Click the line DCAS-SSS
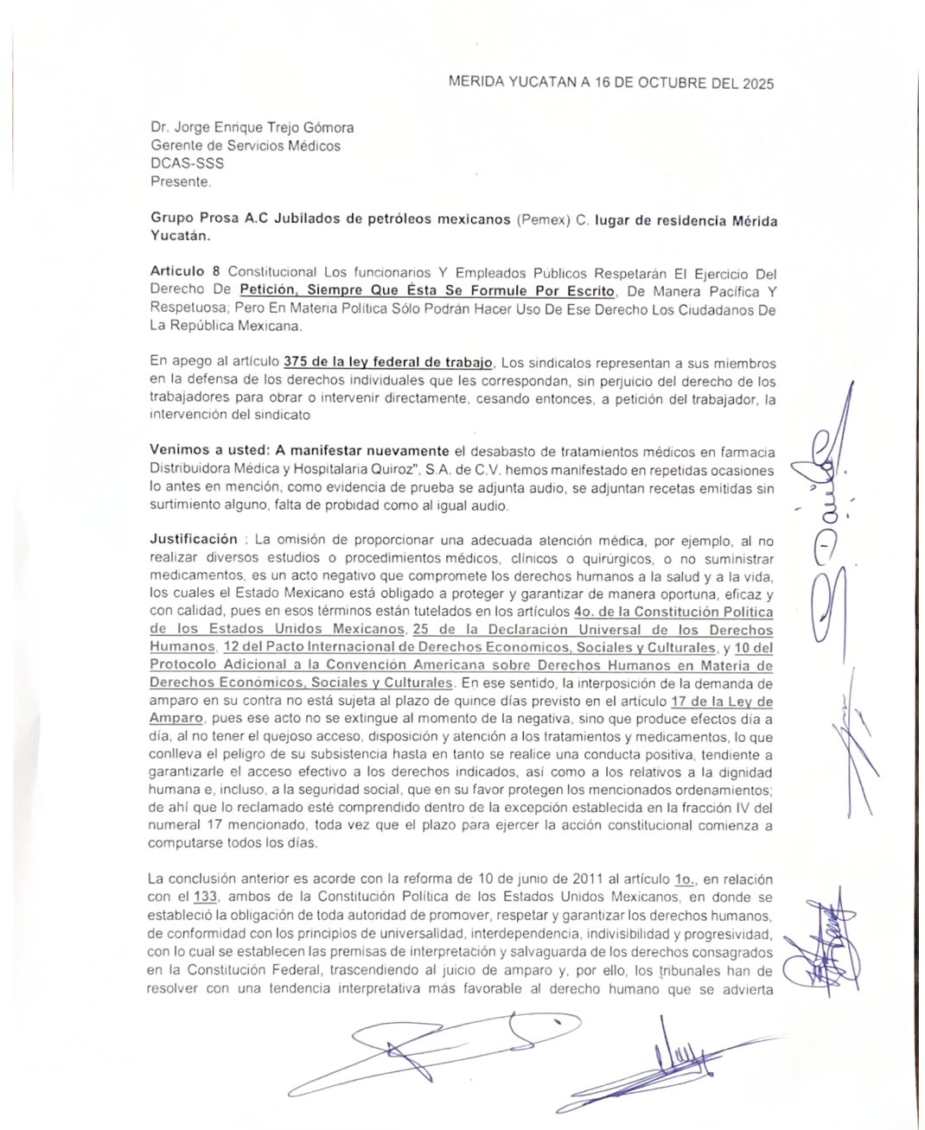187,163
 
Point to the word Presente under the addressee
180,181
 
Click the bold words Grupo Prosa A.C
209,219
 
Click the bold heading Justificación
194,539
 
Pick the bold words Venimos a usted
208,451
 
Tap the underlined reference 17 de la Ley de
722,701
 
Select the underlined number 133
206,896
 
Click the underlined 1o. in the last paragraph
685,879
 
